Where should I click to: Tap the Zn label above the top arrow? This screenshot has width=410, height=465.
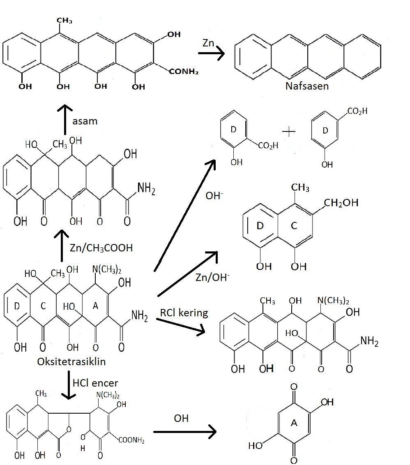[x=208, y=43]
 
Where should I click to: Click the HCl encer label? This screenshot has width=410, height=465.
[x=95, y=383]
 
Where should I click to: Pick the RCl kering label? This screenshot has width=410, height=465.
[x=183, y=313]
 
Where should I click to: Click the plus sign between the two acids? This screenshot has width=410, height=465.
[x=290, y=131]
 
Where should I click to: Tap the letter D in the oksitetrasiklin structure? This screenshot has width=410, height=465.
[x=17, y=306]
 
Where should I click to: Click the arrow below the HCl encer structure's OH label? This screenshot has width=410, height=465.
[x=184, y=432]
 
